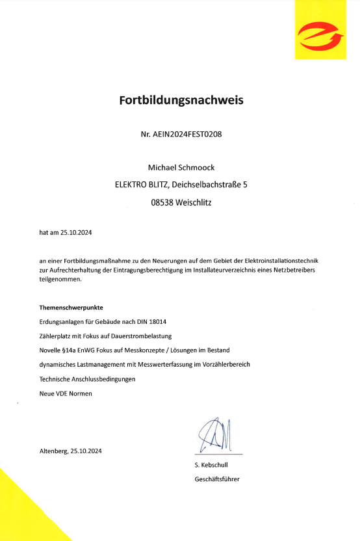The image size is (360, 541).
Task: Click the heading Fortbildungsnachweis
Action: click(181, 101)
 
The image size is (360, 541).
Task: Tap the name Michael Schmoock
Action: click(181, 167)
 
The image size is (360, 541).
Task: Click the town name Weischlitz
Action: click(193, 202)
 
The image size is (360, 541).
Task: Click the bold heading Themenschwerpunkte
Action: click(71, 306)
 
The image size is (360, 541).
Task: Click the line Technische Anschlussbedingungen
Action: click(87, 379)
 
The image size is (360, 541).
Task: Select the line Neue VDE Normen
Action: click(66, 393)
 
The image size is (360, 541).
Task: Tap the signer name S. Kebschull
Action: click(211, 465)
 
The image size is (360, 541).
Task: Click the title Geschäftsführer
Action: click(217, 479)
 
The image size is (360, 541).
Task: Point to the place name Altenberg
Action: click(54, 451)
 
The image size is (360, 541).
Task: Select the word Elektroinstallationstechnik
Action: click(279, 260)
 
